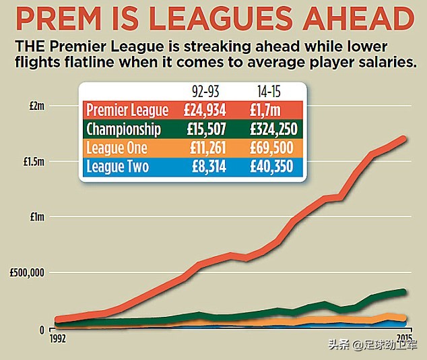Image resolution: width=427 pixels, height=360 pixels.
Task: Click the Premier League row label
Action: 127,111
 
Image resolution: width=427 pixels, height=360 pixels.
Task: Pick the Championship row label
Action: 123,129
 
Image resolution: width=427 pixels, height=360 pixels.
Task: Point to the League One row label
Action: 117,148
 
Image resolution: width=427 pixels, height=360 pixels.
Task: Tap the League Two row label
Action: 117,167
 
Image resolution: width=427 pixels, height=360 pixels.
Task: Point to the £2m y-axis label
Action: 35,107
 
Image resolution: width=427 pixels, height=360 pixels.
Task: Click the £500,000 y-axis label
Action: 27,273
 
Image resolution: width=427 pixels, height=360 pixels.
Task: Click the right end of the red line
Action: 404,138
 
